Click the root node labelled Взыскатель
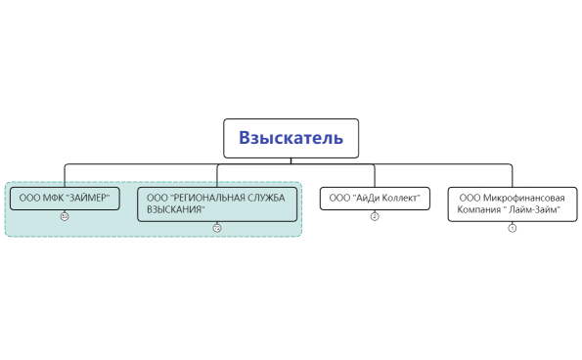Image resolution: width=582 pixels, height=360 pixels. [x=291, y=138]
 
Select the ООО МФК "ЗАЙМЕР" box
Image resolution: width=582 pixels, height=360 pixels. [x=64, y=199]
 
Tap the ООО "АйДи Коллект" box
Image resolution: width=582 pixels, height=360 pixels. [x=375, y=199]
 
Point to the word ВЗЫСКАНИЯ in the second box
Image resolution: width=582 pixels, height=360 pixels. [x=175, y=209]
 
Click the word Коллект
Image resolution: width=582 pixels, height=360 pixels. [x=401, y=199]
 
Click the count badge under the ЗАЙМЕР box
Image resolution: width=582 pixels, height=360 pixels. [x=64, y=216]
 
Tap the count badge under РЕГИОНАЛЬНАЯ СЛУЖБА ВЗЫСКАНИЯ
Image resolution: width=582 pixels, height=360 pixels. [x=217, y=228]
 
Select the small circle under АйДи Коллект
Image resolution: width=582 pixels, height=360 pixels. [x=375, y=216]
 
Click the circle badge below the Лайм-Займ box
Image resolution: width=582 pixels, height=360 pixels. [x=511, y=228]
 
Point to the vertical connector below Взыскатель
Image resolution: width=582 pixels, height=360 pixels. [x=291, y=160]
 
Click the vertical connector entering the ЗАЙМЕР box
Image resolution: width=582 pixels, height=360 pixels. [x=65, y=175]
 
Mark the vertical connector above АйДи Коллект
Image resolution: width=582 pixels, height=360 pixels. [x=375, y=175]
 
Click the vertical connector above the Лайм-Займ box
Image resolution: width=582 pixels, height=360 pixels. [x=511, y=175]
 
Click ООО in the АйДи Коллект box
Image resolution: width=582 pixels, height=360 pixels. [x=338, y=199]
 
